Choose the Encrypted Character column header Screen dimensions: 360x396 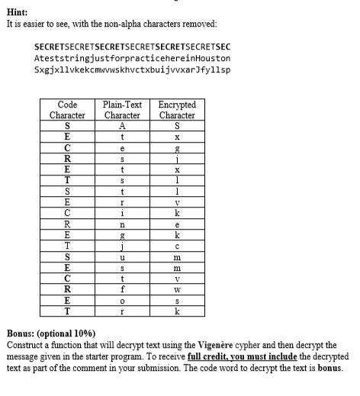pyautogui.click(x=177, y=109)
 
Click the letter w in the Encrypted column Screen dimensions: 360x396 pyautogui.click(x=177, y=291)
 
